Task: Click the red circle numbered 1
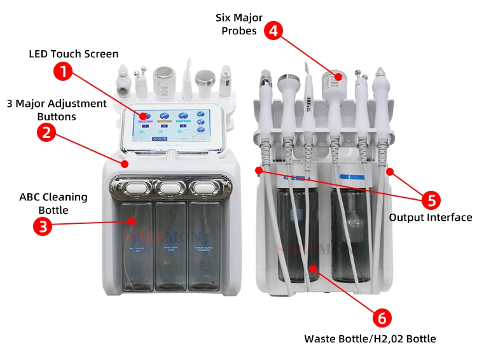pos(62,71)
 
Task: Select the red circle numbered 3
pos(42,226)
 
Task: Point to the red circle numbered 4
pos(273,31)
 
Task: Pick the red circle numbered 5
pos(431,200)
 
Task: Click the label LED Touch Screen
pos(74,53)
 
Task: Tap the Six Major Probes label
pos(239,25)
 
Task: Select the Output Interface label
pos(431,218)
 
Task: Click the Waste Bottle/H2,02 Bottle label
pos(370,338)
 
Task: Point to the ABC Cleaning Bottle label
pos(53,204)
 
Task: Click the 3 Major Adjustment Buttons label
pos(57,109)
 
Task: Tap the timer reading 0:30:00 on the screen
pos(158,138)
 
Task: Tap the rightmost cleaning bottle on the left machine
pos(205,245)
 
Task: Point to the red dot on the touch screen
pos(144,116)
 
